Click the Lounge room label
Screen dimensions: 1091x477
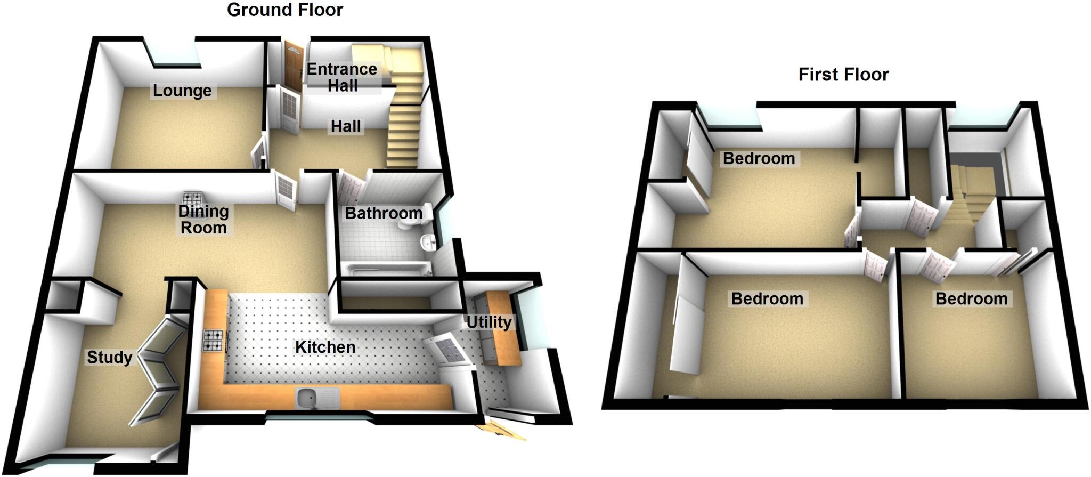tap(182, 91)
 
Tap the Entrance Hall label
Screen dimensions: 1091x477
tap(342, 77)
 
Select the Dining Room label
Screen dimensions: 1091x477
tap(203, 219)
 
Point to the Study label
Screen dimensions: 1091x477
tap(109, 357)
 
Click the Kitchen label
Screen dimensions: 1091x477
tap(325, 347)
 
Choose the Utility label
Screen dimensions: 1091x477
tap(488, 322)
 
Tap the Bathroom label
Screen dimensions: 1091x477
tap(384, 213)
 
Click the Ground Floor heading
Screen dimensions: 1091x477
tap(285, 10)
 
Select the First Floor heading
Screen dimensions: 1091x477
tap(843, 75)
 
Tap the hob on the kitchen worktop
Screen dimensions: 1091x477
tap(213, 341)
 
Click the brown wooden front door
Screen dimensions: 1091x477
tap(292, 64)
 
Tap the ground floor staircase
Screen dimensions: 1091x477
tap(405, 123)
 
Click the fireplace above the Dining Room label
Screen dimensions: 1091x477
tap(192, 199)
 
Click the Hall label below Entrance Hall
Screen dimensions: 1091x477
tap(346, 126)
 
